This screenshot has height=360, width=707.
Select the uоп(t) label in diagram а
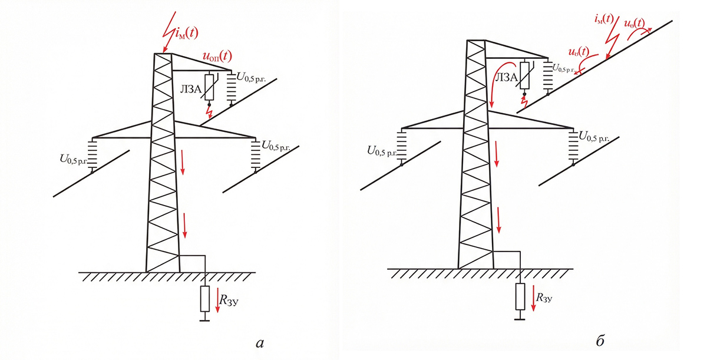[217, 57]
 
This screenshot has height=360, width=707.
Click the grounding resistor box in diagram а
[204, 299]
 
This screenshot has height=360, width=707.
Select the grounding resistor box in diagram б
[519, 296]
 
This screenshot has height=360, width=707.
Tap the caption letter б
[600, 340]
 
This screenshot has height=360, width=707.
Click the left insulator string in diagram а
[93, 155]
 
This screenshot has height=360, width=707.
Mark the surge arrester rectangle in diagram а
[209, 87]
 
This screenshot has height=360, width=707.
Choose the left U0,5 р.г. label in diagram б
[382, 151]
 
